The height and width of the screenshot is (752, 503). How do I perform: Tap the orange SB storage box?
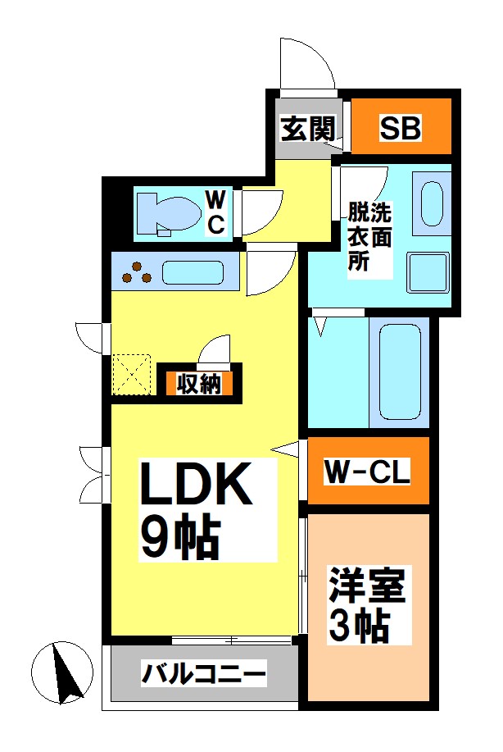tap(401, 126)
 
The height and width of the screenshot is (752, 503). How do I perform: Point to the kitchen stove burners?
tap(137, 273)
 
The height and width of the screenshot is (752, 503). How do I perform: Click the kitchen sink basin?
tap(193, 273)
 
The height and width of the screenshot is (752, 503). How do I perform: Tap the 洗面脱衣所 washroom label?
tap(369, 236)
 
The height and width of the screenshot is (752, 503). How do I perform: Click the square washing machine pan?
tap(428, 272)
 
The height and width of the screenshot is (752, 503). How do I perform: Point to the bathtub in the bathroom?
tap(400, 371)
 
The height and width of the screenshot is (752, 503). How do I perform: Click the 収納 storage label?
tap(199, 383)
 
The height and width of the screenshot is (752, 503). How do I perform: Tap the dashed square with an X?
tap(131, 375)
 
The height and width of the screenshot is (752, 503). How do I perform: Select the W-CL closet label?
tap(368, 472)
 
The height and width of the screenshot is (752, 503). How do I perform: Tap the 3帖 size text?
tap(359, 626)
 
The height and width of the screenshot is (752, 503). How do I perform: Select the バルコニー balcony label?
tap(204, 674)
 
